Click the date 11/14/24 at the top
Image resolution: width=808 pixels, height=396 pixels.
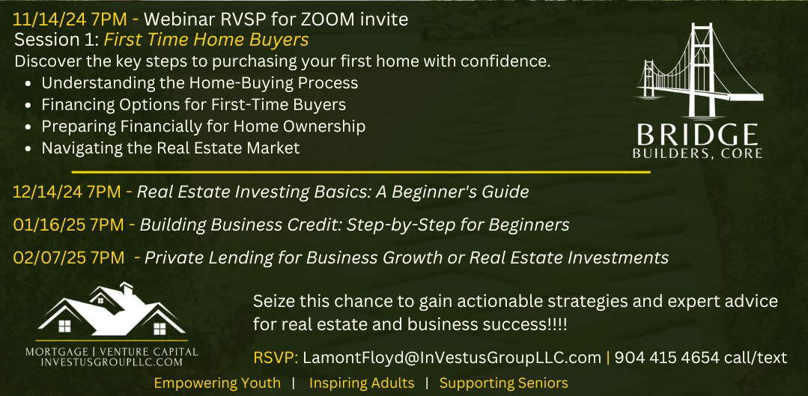click(50, 19)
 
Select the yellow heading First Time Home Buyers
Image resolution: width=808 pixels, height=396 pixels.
click(206, 40)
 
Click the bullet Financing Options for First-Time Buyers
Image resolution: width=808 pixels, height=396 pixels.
click(194, 105)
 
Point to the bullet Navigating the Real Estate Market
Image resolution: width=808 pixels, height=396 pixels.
click(171, 148)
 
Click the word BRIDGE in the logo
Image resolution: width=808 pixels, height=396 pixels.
click(697, 135)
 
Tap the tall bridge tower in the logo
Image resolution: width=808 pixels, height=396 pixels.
click(702, 70)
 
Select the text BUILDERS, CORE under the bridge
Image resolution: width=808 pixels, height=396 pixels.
click(697, 153)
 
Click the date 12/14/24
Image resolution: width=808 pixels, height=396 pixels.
click(47, 192)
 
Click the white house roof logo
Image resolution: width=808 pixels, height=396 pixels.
click(112, 311)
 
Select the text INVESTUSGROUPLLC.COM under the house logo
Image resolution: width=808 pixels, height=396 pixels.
click(112, 362)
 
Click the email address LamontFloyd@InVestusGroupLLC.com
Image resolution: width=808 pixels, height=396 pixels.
click(452, 357)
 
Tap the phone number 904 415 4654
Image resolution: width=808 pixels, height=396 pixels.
click(666, 357)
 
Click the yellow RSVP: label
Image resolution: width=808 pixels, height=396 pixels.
click(276, 357)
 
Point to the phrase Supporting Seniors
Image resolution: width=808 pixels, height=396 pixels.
click(503, 383)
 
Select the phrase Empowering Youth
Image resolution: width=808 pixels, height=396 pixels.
click(217, 383)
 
